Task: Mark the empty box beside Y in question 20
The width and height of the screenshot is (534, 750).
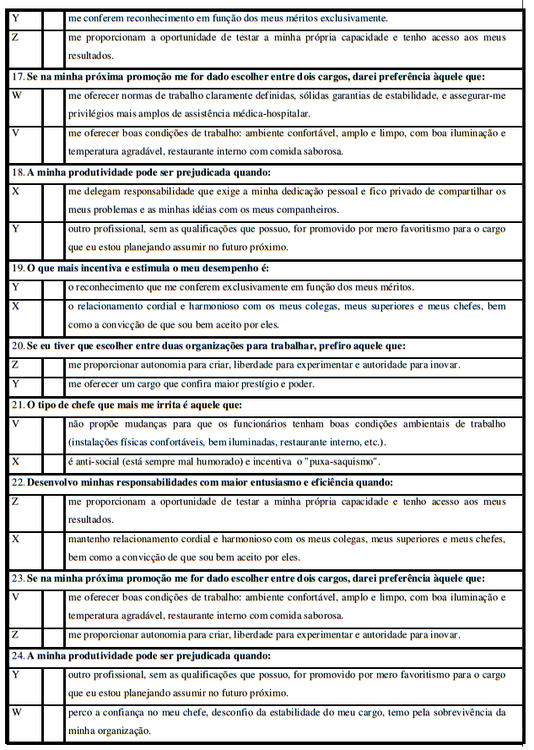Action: pos(54,384)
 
